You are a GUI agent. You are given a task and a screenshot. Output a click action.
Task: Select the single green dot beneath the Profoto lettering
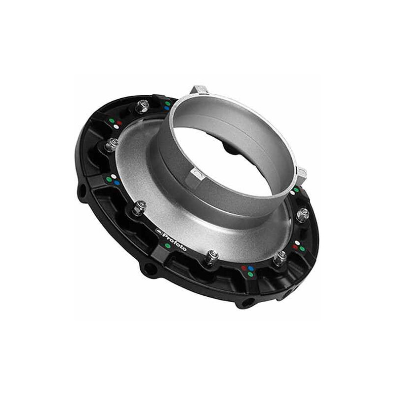point(168,245)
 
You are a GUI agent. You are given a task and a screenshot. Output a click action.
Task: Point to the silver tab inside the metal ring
point(197,174)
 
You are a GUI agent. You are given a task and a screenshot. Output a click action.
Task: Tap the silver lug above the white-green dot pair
point(301,173)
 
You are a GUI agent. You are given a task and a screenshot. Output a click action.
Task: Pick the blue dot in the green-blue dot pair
point(168,108)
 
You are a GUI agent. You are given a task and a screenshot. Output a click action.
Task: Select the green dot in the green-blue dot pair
point(167,103)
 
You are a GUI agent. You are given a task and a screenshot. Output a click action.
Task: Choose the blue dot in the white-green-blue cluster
point(117,183)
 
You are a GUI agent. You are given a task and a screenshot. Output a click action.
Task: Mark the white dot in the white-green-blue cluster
point(115,176)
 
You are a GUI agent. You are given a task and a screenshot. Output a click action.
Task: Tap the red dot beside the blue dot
point(243,269)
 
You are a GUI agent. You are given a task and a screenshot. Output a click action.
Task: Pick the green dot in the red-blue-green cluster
point(250,275)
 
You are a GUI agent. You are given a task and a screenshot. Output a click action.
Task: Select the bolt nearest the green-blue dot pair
point(143,105)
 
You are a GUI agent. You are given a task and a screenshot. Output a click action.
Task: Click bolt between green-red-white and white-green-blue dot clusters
point(112,145)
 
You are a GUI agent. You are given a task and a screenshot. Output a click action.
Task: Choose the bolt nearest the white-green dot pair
point(303,214)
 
